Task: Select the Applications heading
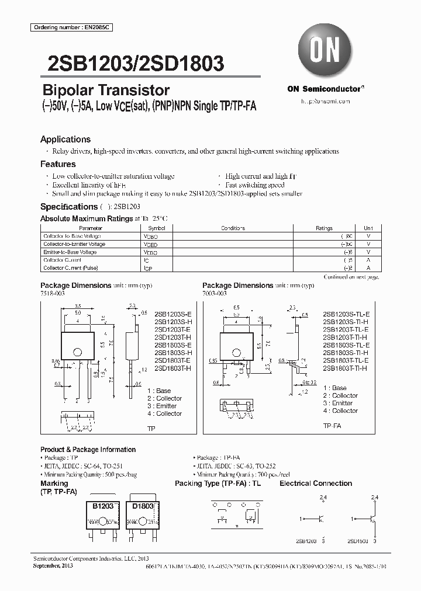click(x=65, y=140)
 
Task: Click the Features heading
click(x=58, y=165)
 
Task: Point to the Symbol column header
click(x=157, y=228)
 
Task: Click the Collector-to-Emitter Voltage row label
click(x=74, y=244)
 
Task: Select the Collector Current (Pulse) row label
click(x=71, y=267)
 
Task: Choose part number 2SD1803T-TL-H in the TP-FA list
click(x=345, y=368)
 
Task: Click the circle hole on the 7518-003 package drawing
click(x=77, y=352)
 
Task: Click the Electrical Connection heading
click(x=316, y=484)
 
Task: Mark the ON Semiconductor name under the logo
click(x=325, y=89)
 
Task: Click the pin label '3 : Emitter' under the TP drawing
click(x=162, y=406)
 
